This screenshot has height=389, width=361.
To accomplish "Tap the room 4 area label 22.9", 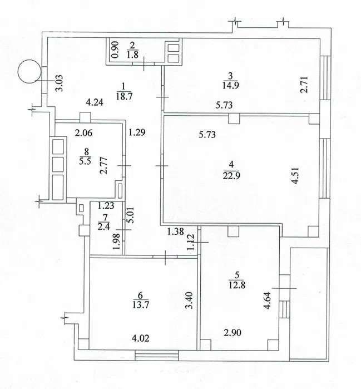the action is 231,176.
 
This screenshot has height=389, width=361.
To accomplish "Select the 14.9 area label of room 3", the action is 231,86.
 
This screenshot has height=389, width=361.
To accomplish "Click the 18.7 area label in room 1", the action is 124,96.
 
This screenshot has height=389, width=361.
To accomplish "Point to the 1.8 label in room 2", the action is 132,55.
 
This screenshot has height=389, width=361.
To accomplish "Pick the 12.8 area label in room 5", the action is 237,285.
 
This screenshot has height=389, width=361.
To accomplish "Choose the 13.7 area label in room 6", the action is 140,304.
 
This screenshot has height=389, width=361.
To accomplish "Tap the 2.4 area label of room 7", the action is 103,226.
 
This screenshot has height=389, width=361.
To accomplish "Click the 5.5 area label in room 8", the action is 85,161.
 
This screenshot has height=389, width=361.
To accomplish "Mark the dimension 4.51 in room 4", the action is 296,176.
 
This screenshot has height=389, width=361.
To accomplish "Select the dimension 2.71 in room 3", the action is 304,85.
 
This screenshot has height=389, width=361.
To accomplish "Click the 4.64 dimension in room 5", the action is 268,301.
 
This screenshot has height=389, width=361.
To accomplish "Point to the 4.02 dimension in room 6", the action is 141,338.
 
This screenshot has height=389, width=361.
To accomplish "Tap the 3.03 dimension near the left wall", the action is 60,83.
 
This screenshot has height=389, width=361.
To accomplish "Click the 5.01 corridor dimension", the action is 131,215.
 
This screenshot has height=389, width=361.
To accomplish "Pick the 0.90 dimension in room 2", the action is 116,50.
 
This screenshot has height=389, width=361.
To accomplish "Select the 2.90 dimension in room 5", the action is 233,332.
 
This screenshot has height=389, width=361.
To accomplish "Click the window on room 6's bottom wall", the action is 157,355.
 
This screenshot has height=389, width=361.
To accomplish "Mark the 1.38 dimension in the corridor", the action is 176,232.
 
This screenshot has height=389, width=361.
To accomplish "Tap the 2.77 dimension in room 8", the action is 105,165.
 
